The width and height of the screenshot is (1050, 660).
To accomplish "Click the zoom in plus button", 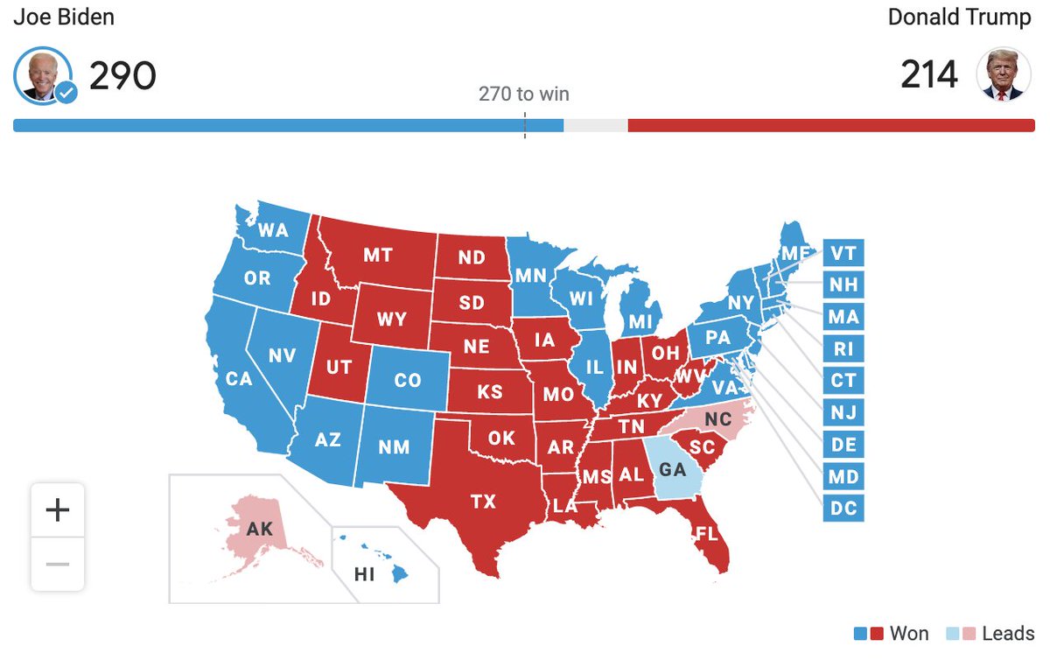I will coord(58,509).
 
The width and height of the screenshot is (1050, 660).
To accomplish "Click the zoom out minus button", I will coord(58,564).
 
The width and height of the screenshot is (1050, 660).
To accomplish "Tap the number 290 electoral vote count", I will coord(122,76).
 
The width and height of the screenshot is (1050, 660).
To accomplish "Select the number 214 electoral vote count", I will coord(929,75).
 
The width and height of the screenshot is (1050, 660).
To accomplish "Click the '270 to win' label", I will coord(523,94).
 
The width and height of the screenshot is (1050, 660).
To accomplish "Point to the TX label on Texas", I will coord(483,502).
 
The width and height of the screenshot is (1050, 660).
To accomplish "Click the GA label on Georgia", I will coord(672,469).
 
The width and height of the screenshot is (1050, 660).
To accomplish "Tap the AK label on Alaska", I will coord(260,529).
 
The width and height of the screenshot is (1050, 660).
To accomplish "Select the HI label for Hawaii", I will coord(364,574).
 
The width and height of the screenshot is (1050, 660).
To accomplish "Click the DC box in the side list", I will coord(843,508).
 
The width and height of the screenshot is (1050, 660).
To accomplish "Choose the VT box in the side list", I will coord(843,254).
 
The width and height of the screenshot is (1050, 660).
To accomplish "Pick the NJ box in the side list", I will coord(843,412).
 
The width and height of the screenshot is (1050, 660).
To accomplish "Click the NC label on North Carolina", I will coord(717,419).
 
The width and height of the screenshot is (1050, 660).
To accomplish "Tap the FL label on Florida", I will coord(706,532).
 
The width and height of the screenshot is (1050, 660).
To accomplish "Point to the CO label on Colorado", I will coord(407,381).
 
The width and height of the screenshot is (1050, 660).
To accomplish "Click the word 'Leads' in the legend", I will coord(1008,634).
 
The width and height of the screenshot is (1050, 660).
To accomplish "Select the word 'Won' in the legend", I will coord(909,634).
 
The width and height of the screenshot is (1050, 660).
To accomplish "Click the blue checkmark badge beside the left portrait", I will coord(66,92).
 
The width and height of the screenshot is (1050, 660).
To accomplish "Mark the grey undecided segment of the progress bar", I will coord(595,125).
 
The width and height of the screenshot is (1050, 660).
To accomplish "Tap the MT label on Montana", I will coord(377,255).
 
